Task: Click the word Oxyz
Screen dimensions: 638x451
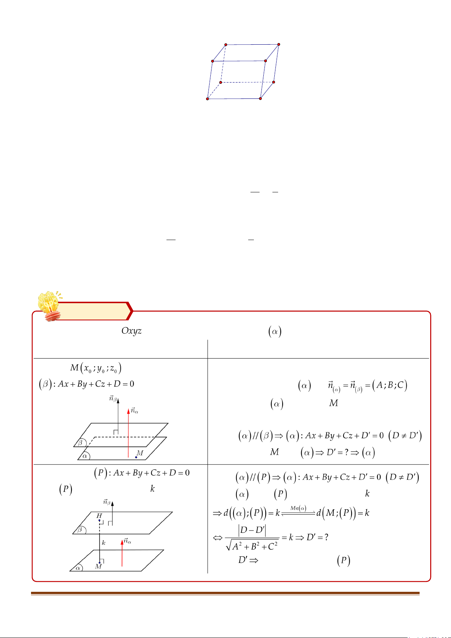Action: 131,331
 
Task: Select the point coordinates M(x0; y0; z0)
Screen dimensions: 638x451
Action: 96,368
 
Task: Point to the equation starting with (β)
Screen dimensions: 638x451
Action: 87,384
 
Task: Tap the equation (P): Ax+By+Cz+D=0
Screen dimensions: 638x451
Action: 142,473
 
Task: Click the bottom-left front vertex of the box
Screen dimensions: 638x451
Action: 207,99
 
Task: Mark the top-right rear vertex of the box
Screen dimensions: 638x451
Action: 279,44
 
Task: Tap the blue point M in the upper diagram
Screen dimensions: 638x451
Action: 136,457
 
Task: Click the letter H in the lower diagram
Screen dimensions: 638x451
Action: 99,516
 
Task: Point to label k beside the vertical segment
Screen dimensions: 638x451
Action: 104,543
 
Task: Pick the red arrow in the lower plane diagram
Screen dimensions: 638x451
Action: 122,553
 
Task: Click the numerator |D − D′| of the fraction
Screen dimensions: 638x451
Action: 252,530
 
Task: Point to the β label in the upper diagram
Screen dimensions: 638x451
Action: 80,442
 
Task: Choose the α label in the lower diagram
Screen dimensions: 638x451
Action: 79,568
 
